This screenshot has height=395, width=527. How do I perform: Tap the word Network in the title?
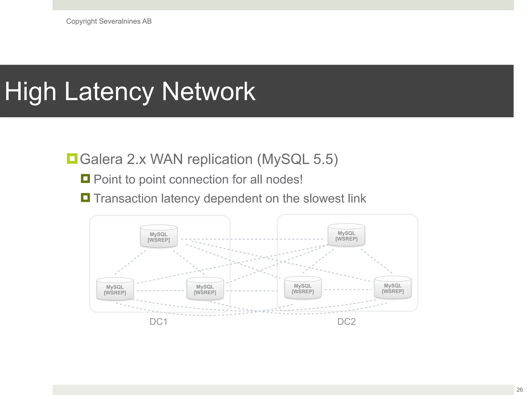click(208, 92)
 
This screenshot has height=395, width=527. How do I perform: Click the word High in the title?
click(30, 92)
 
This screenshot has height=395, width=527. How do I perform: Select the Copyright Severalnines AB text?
click(109, 21)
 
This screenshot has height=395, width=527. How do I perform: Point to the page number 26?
click(520, 390)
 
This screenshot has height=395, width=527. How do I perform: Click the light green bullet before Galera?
click(72, 159)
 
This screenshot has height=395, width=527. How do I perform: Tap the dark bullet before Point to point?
click(85, 178)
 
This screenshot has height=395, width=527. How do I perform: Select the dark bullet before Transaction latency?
click(85, 198)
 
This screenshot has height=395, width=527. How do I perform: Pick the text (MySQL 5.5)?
click(297, 159)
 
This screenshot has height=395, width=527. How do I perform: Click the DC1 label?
click(159, 322)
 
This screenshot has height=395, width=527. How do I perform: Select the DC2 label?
click(346, 322)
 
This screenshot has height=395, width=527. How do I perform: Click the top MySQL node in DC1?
click(159, 237)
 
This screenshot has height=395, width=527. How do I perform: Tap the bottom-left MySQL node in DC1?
click(115, 289)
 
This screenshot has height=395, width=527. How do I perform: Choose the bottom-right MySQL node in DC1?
click(205, 289)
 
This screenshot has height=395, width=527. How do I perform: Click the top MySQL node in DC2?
click(346, 235)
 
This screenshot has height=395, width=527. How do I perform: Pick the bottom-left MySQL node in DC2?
click(303, 288)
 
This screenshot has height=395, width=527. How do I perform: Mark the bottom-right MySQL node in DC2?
click(393, 288)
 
